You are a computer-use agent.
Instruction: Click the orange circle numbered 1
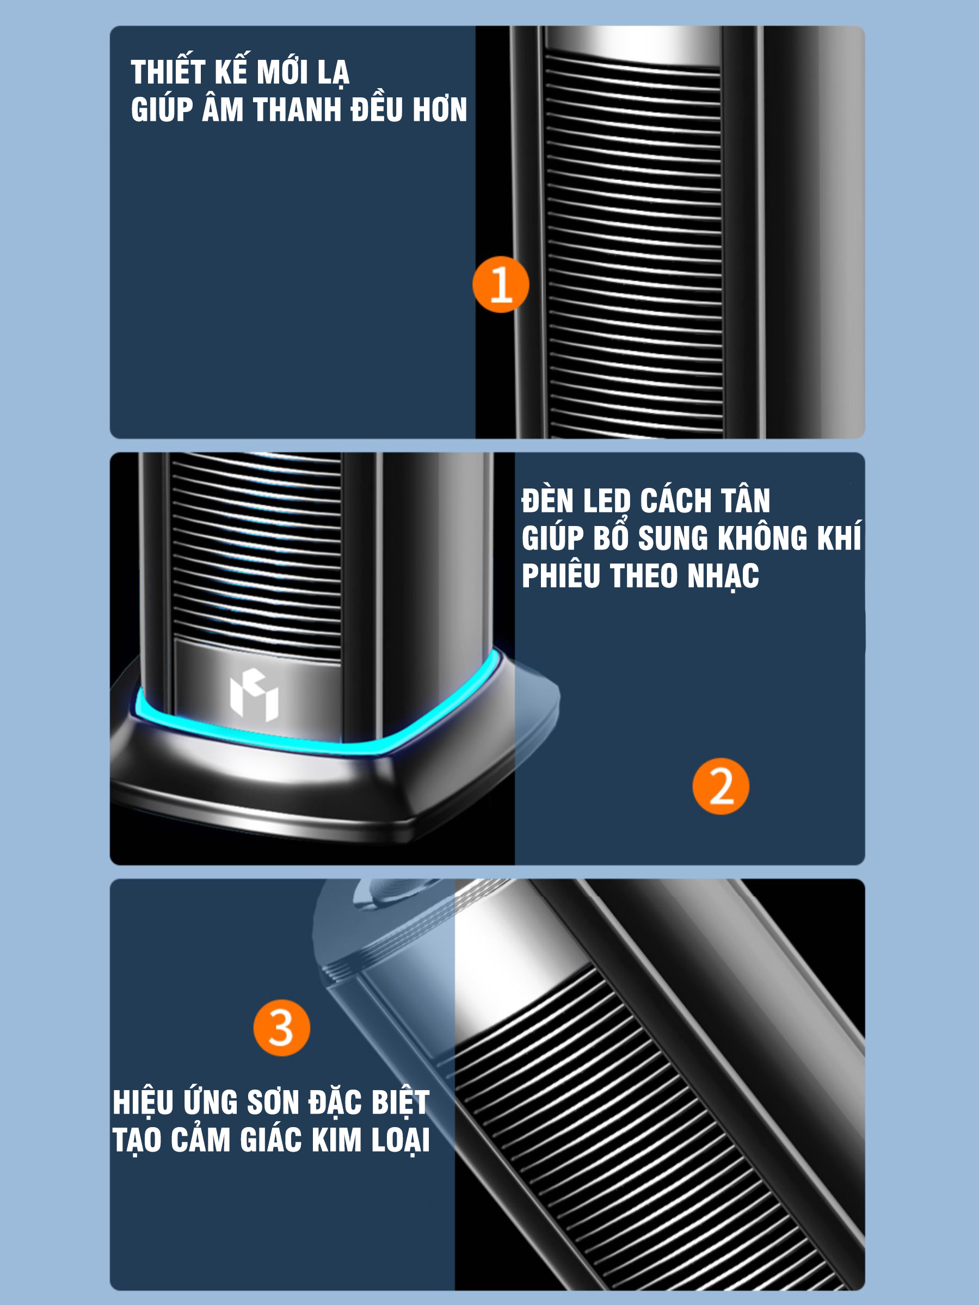501,284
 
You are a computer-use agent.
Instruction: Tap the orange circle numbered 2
721,787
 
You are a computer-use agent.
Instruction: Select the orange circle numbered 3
281,1028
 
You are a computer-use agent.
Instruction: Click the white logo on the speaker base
254,695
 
